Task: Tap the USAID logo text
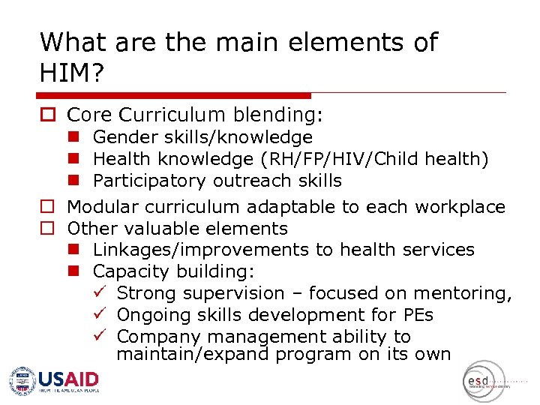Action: click(x=68, y=378)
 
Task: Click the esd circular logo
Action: click(x=484, y=382)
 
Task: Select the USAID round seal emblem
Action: click(x=22, y=381)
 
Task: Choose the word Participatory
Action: click(x=149, y=181)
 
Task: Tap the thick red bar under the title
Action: click(x=173, y=95)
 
